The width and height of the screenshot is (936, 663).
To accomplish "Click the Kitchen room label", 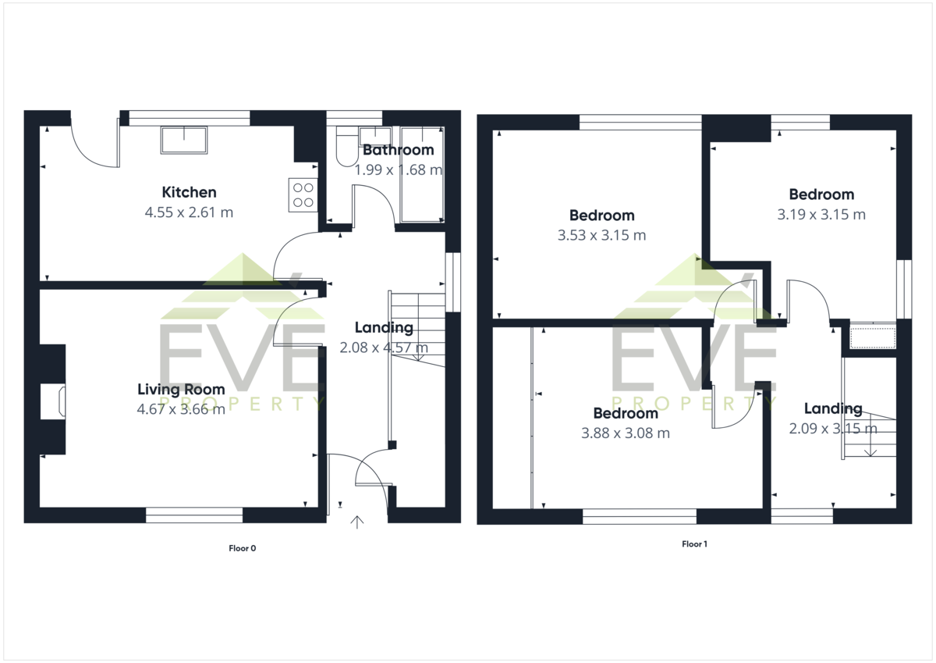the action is point(189,192).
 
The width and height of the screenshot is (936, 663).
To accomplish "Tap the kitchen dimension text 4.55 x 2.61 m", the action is point(189,212).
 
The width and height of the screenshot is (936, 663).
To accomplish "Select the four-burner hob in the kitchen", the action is point(303,195).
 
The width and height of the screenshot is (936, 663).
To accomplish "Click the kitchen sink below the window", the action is point(184,140).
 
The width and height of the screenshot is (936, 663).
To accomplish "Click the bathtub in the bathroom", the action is point(422,174).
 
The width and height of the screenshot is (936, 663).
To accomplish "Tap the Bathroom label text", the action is point(399,150).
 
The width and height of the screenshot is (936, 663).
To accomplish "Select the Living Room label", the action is point(181,390).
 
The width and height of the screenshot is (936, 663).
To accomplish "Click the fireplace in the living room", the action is point(53,401).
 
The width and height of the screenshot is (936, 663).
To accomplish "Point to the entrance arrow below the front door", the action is point(357,522).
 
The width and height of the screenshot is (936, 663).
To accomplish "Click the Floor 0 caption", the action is point(243,548).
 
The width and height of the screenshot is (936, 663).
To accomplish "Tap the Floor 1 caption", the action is point(694,544).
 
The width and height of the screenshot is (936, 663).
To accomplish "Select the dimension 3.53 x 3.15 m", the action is point(601,236).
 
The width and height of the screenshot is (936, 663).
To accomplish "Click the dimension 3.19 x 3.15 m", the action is point(821,215).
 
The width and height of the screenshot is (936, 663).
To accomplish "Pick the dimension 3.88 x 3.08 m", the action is point(626,433).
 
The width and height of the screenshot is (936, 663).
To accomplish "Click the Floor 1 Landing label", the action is point(833,408).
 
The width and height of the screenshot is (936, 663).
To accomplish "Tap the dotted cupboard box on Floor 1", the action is point(874,338).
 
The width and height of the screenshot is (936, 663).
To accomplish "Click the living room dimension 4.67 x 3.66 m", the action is point(181,409).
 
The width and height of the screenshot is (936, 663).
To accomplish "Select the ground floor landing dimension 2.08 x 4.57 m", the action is point(384,348).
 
